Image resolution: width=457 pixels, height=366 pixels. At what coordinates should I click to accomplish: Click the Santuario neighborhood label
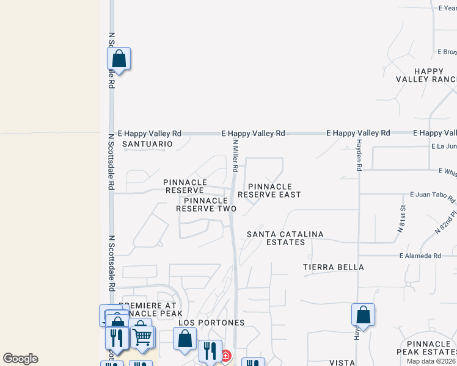(147, 144)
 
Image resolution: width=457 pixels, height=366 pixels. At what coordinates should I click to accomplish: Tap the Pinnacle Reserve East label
(269, 190)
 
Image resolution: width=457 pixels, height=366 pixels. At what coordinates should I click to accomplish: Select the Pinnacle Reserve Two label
(207, 204)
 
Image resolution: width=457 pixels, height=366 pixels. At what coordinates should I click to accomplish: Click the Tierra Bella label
(334, 267)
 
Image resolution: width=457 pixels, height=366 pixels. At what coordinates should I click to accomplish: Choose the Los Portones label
(211, 322)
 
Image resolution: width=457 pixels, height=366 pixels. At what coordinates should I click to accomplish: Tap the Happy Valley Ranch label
(426, 75)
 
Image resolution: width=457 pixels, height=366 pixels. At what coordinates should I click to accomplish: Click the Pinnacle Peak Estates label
(426, 348)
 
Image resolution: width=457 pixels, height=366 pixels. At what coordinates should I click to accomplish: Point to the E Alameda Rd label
(420, 256)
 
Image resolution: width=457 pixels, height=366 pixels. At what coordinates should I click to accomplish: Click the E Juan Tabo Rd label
(433, 196)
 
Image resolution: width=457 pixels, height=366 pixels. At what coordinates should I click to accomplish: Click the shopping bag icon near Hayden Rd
(363, 315)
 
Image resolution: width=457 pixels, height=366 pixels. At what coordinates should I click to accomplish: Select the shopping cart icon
(142, 335)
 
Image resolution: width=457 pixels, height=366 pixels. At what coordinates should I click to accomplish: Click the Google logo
(20, 359)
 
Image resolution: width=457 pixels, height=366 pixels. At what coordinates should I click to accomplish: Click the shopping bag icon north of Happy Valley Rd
(119, 59)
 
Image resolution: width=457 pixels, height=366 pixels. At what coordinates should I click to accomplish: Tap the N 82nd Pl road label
(445, 223)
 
